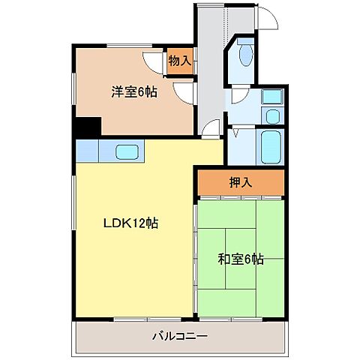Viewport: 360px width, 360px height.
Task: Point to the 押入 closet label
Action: tap(240, 182)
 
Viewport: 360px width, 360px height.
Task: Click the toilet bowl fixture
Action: tap(245, 55)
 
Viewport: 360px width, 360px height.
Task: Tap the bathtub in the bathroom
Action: tap(270, 144)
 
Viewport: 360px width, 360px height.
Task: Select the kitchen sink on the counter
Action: tap(125, 150)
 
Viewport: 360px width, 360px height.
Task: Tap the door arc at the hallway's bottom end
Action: tap(211, 129)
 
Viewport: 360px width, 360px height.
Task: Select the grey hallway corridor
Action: tap(211, 75)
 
